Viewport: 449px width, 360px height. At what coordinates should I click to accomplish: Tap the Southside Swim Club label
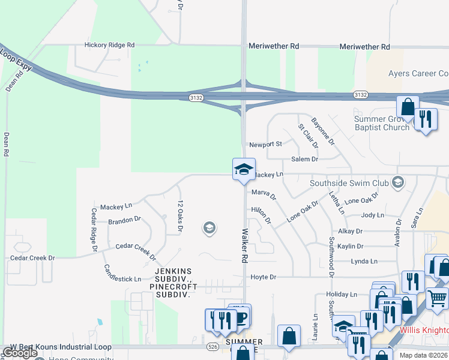[x=349, y=183]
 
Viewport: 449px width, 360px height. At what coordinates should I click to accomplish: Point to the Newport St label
[x=265, y=145]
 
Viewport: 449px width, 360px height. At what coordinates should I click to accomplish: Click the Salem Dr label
[x=304, y=159]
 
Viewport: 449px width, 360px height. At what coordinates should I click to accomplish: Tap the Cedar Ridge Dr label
[x=94, y=229]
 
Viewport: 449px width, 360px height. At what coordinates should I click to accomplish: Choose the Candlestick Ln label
[x=122, y=274]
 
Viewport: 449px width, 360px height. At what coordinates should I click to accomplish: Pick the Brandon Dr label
[x=124, y=220]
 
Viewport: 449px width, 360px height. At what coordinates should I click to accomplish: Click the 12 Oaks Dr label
[x=179, y=216]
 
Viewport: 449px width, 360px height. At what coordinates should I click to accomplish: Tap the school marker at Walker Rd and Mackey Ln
[x=244, y=169]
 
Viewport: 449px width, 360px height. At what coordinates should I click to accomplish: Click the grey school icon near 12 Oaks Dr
[x=209, y=227]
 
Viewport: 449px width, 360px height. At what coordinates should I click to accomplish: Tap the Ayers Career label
[x=418, y=73]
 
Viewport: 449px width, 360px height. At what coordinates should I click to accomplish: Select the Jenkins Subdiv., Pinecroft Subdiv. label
[x=170, y=287]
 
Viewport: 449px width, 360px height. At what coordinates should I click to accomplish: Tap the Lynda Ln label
[x=364, y=262]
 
